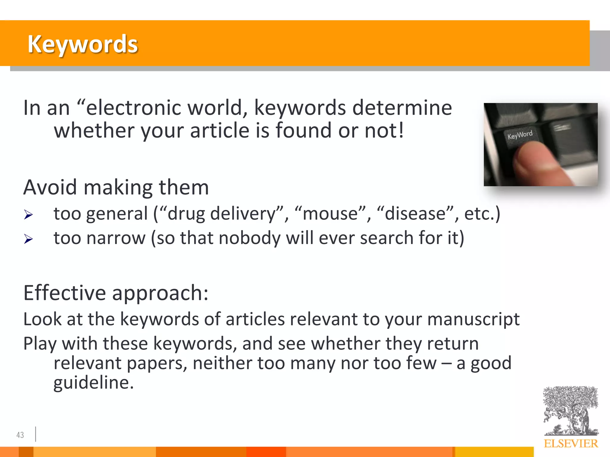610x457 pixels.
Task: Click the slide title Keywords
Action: click(x=83, y=44)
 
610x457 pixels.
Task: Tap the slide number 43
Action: click(x=20, y=435)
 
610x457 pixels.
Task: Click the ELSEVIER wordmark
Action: click(x=571, y=444)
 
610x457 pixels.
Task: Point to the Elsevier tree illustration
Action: click(x=570, y=411)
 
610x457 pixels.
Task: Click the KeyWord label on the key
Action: click(x=520, y=135)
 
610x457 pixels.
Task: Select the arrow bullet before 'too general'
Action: click(x=28, y=215)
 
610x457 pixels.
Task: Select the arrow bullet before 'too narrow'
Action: click(x=28, y=239)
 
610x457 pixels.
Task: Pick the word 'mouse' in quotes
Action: click(x=330, y=214)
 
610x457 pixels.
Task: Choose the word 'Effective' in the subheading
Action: click(x=64, y=293)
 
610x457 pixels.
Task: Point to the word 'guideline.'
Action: click(x=93, y=383)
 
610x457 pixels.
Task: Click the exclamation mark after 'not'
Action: click(x=401, y=130)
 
